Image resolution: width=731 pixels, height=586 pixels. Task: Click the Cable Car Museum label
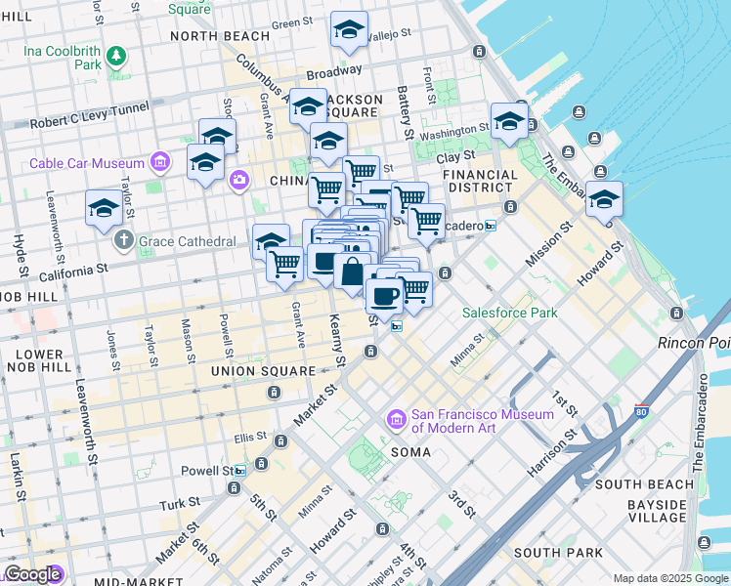[88, 163]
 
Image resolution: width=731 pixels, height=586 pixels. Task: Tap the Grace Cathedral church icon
[123, 238]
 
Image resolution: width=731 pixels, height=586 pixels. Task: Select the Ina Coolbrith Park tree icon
[116, 56]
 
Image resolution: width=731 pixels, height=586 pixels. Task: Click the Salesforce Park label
[509, 313]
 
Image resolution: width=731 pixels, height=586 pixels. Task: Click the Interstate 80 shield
[642, 412]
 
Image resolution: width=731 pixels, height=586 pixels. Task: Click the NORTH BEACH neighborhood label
[219, 36]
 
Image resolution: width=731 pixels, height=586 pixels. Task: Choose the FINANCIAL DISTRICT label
[479, 182]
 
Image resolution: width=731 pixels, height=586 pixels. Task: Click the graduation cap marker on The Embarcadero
[605, 198]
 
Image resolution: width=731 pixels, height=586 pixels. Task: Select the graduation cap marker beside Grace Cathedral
[104, 208]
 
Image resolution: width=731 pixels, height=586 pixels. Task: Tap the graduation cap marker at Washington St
[509, 121]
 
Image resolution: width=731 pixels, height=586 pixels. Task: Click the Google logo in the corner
[32, 574]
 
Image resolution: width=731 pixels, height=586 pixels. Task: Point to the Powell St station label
[207, 471]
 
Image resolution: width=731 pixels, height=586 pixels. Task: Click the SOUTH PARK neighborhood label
[558, 553]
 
